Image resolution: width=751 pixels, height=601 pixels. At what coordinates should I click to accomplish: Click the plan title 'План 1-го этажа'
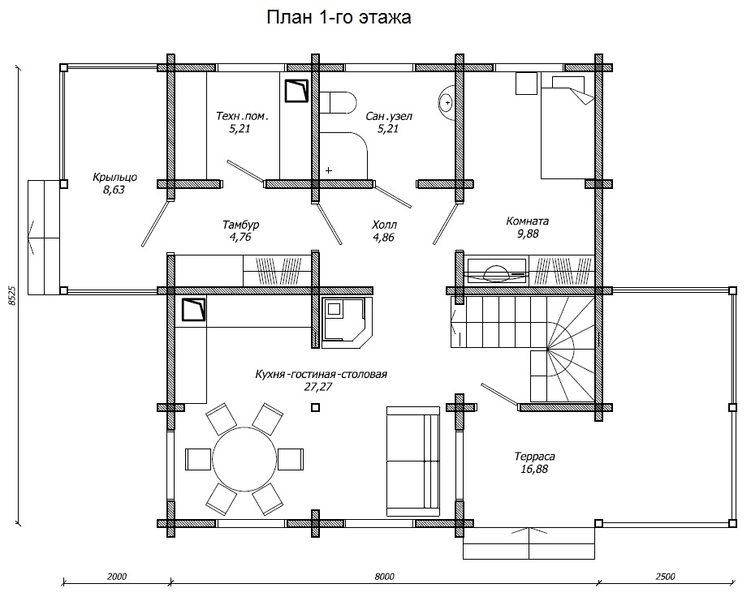(x=339, y=17)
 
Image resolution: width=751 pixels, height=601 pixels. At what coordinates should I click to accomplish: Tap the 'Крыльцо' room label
(x=114, y=177)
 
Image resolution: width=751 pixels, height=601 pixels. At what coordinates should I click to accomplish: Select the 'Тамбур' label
(x=241, y=225)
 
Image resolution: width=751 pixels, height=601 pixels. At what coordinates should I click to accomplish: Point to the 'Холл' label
(x=384, y=225)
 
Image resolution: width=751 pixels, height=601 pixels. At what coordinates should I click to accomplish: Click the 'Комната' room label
(x=528, y=221)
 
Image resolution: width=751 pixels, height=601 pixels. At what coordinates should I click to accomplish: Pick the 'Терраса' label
(x=534, y=457)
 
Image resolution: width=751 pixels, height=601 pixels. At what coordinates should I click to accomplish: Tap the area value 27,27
(x=318, y=387)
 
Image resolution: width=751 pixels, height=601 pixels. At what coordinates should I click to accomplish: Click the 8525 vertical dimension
(x=12, y=295)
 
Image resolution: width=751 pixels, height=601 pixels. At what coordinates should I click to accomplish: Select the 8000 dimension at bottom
(x=384, y=577)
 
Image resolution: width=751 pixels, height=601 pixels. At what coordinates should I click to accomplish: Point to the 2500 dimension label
(x=665, y=577)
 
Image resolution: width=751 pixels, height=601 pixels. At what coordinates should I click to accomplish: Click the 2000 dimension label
(x=117, y=577)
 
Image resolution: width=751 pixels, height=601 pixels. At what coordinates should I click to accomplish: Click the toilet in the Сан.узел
(x=338, y=102)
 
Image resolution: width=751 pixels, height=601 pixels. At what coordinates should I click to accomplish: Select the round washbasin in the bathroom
(x=446, y=102)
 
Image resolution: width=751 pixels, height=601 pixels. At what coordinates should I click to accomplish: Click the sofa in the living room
(x=413, y=461)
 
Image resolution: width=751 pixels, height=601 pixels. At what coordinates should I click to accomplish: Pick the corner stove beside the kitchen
(x=347, y=323)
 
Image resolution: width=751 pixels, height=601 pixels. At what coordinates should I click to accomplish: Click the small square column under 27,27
(x=315, y=407)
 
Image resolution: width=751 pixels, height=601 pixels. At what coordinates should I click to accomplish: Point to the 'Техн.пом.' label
(x=242, y=116)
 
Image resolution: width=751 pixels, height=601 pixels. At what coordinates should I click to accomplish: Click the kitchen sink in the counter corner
(x=194, y=310)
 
